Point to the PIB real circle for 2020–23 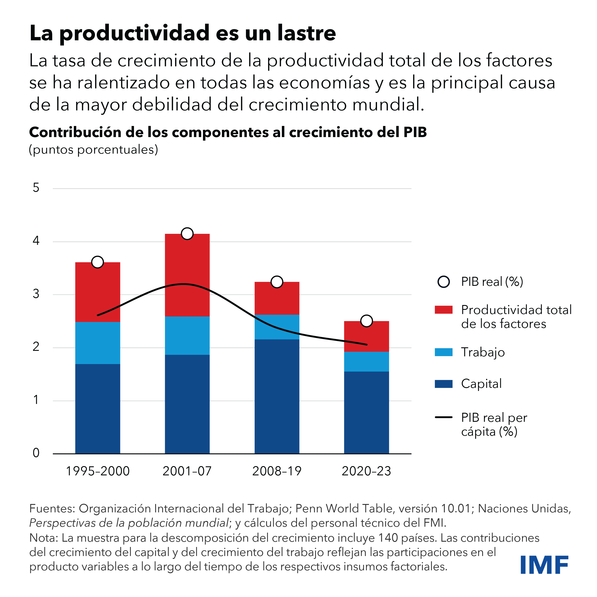(x=366, y=321)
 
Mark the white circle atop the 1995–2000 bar (x=97, y=262)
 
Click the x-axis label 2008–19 (x=277, y=471)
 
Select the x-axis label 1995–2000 (x=98, y=471)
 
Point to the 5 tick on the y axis (x=36, y=188)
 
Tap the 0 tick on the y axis (x=36, y=453)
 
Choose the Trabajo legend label (x=483, y=352)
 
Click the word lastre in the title (x=306, y=33)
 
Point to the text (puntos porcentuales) (x=93, y=150)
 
